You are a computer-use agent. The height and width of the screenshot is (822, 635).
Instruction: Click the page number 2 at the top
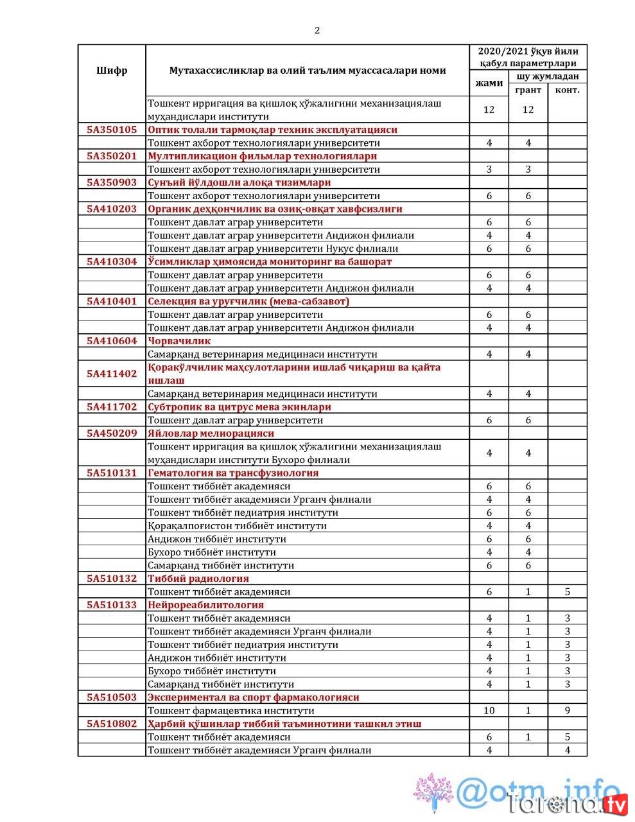pyautogui.click(x=317, y=30)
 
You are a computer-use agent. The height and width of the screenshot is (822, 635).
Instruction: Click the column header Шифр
pyautogui.click(x=112, y=71)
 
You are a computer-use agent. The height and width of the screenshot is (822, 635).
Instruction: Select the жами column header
pyautogui.click(x=489, y=83)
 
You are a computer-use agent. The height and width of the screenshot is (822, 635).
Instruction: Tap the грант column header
pyautogui.click(x=528, y=90)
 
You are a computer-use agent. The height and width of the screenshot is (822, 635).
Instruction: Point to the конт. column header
pyautogui.click(x=567, y=90)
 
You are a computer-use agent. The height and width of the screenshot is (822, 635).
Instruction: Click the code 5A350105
pyautogui.click(x=112, y=130)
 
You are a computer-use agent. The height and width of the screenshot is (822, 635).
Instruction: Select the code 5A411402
pyautogui.click(x=112, y=374)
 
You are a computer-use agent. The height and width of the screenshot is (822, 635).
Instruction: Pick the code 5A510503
pyautogui.click(x=112, y=697)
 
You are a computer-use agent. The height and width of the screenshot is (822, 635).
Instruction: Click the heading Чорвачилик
pyautogui.click(x=179, y=341)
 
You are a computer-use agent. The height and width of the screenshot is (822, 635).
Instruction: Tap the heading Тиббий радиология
pyautogui.click(x=198, y=579)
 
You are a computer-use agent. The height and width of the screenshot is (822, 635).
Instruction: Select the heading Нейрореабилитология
pyautogui.click(x=205, y=605)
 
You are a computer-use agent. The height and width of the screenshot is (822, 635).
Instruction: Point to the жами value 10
pyautogui.click(x=489, y=711)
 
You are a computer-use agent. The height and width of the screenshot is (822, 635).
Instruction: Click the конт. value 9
pyautogui.click(x=567, y=711)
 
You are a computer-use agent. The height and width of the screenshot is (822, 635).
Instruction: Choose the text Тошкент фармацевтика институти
pyautogui.click(x=231, y=711)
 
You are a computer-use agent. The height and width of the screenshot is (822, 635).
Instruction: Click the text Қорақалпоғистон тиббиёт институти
pyautogui.click(x=237, y=526)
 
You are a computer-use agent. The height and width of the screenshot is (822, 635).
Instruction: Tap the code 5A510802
pyautogui.click(x=112, y=724)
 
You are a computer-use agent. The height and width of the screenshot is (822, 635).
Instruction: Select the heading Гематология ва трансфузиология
pyautogui.click(x=233, y=473)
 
